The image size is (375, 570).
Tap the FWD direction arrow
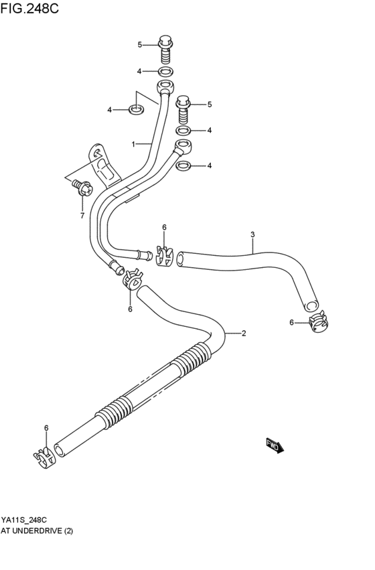pyautogui.click(x=275, y=445)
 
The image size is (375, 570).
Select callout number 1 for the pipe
pyautogui.click(x=134, y=143)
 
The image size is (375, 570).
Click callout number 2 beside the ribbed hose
pyautogui.click(x=244, y=333)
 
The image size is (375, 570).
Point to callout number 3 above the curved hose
pyautogui.click(x=252, y=234)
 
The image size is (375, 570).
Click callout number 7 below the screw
pyautogui.click(x=82, y=216)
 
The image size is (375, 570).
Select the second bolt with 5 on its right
pyautogui.click(x=183, y=106)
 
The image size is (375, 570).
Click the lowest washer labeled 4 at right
pyautogui.click(x=187, y=165)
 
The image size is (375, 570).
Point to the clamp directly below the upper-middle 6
pyautogui.click(x=163, y=255)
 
